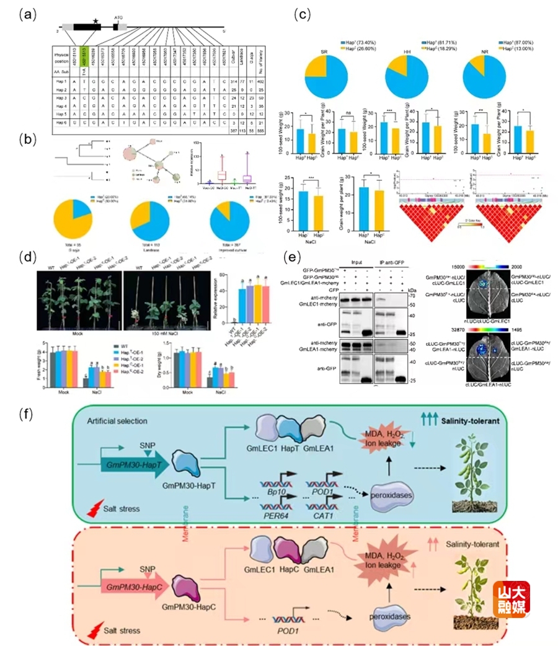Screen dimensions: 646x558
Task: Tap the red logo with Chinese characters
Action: pyautogui.click(x=511, y=600)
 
